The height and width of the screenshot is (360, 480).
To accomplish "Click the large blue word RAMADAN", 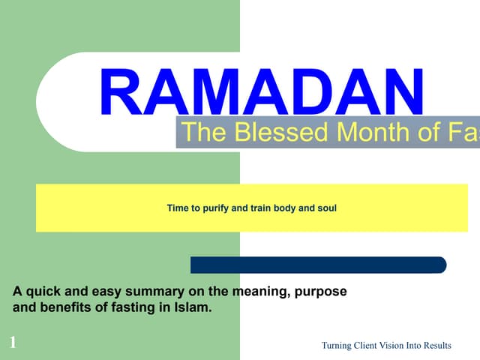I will (x=262, y=93).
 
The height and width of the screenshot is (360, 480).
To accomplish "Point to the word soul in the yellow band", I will (x=327, y=207).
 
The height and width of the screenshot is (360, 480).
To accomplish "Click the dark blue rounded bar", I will (x=318, y=265).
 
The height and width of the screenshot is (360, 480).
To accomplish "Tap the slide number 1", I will (x=13, y=343).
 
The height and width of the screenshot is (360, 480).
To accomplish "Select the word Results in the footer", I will (x=435, y=345).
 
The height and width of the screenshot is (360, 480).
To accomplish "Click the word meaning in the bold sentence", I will (x=258, y=291).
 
